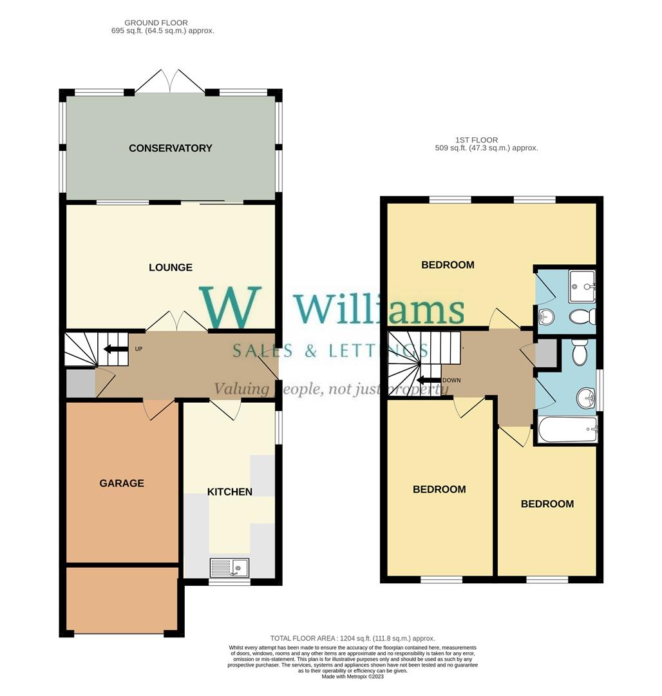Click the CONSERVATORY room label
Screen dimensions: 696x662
point(171,148)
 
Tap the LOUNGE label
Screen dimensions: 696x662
point(171,267)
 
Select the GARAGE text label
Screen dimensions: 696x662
point(122,483)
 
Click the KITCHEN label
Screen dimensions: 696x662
point(230,492)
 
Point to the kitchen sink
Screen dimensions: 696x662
point(230,568)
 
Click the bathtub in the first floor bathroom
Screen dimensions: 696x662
point(567,430)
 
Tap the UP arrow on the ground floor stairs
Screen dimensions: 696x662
point(116,349)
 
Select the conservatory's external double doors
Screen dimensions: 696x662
point(171,81)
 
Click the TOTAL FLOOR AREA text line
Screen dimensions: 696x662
point(353,638)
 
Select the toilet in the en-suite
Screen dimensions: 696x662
point(582,317)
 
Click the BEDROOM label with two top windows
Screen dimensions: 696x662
point(448,265)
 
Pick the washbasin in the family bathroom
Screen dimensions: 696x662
point(586,398)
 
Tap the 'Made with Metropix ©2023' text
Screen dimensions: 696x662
point(353,677)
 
